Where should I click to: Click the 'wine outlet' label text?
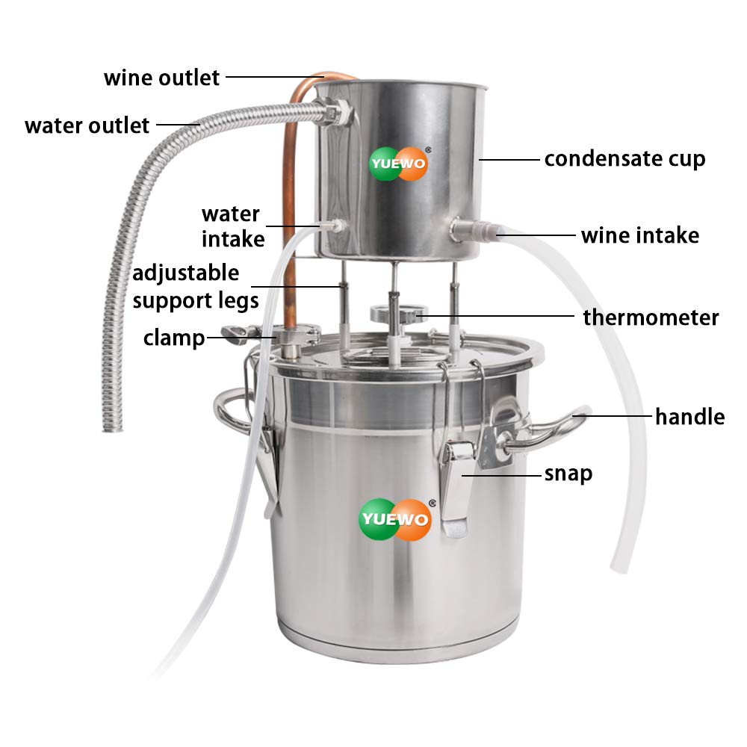(x=161, y=78)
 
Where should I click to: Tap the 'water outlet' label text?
(x=87, y=125)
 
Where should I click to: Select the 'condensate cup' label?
(x=624, y=159)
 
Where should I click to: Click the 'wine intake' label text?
(x=640, y=235)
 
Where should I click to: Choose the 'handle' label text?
(x=689, y=416)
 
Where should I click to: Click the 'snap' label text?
(x=568, y=473)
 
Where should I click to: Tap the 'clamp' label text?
(x=174, y=338)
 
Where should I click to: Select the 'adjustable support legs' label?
(x=196, y=287)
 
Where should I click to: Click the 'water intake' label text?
(x=232, y=226)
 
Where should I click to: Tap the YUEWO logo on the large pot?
(x=395, y=518)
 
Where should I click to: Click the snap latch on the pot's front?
(x=456, y=486)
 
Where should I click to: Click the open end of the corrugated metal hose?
(x=113, y=426)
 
